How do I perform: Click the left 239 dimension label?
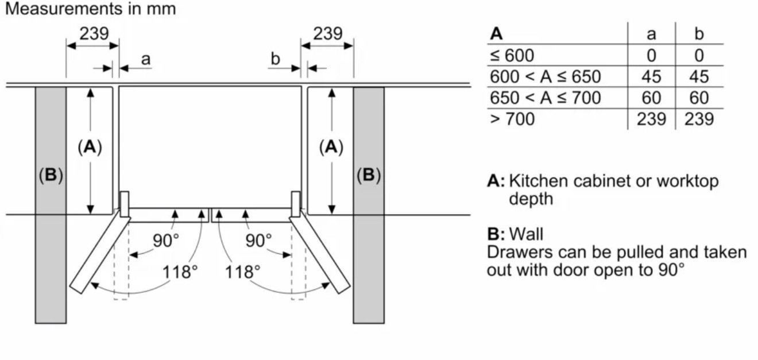pyautogui.click(x=94, y=33)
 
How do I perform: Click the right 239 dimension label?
pyautogui.click(x=327, y=33)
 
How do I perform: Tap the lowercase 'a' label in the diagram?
pyautogui.click(x=146, y=60)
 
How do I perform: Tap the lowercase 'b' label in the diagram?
pyautogui.click(x=276, y=59)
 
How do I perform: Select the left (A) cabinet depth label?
pyautogui.click(x=90, y=147)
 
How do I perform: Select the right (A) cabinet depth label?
pyautogui.click(x=331, y=147)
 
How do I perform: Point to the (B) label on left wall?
pyautogui.click(x=51, y=175)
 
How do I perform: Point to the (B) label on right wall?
pyautogui.click(x=369, y=175)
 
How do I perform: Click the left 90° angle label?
pyautogui.click(x=166, y=241)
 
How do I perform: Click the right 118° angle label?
pyautogui.click(x=243, y=272)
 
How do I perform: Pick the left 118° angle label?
pyautogui.click(x=180, y=272)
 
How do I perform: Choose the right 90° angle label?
pyautogui.click(x=258, y=241)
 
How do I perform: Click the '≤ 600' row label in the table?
pyautogui.click(x=512, y=56)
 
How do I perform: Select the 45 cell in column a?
pyautogui.click(x=651, y=77)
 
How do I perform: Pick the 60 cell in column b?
pyautogui.click(x=699, y=98)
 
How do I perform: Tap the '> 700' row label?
pyautogui.click(x=512, y=119)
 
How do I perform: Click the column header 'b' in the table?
pyautogui.click(x=699, y=34)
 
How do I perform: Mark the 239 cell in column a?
pyautogui.click(x=651, y=119)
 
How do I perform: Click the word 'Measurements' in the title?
pyautogui.click(x=64, y=9)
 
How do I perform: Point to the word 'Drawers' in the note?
pyautogui.click(x=520, y=253)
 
